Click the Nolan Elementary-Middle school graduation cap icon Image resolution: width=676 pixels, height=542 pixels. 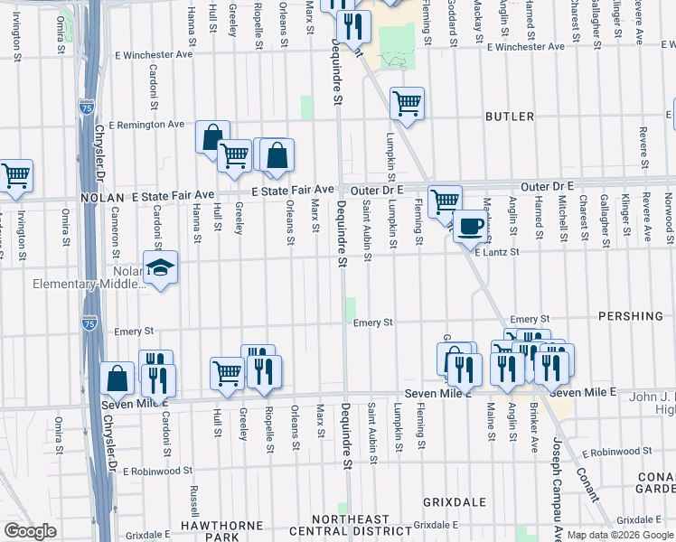click(160, 268)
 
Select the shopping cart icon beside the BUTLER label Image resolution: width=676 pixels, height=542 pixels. click(408, 103)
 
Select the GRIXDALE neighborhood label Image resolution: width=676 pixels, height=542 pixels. click(455, 501)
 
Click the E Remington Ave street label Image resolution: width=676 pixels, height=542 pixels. click(146, 124)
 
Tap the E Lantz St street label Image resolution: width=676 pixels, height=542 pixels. click(499, 254)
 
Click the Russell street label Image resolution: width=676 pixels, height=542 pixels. click(194, 506)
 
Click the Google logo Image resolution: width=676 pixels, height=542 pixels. click(30, 531)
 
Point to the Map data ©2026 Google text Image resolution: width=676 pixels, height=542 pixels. click(620, 535)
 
